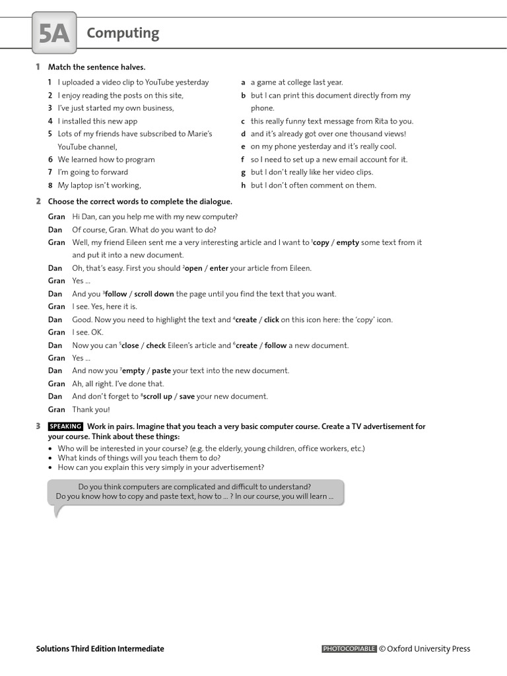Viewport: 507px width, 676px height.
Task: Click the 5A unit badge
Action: click(x=54, y=34)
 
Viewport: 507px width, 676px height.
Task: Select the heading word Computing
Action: click(x=123, y=33)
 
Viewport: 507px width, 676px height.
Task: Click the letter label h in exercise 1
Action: click(x=243, y=186)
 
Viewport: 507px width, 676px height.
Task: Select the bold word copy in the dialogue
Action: click(x=321, y=243)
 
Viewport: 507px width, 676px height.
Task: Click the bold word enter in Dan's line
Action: click(x=219, y=269)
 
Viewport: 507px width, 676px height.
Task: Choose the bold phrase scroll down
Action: click(x=154, y=294)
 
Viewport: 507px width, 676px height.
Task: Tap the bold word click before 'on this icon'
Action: click(x=271, y=320)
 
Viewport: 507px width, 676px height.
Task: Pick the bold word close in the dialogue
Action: click(x=130, y=346)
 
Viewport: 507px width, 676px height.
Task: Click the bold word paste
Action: click(x=161, y=371)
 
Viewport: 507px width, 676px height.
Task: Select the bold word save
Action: click(x=187, y=397)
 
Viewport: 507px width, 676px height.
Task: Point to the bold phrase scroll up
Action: click(x=157, y=397)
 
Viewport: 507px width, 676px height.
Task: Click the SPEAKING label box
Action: click(x=65, y=426)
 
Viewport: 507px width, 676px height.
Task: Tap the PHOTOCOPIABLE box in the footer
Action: click(x=349, y=649)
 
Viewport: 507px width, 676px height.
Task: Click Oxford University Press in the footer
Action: click(x=428, y=649)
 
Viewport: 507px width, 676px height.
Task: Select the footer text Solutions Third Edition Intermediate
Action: click(x=100, y=649)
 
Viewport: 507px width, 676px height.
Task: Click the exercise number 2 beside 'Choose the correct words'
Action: click(x=38, y=201)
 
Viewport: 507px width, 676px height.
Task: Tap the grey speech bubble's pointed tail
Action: click(x=58, y=511)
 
